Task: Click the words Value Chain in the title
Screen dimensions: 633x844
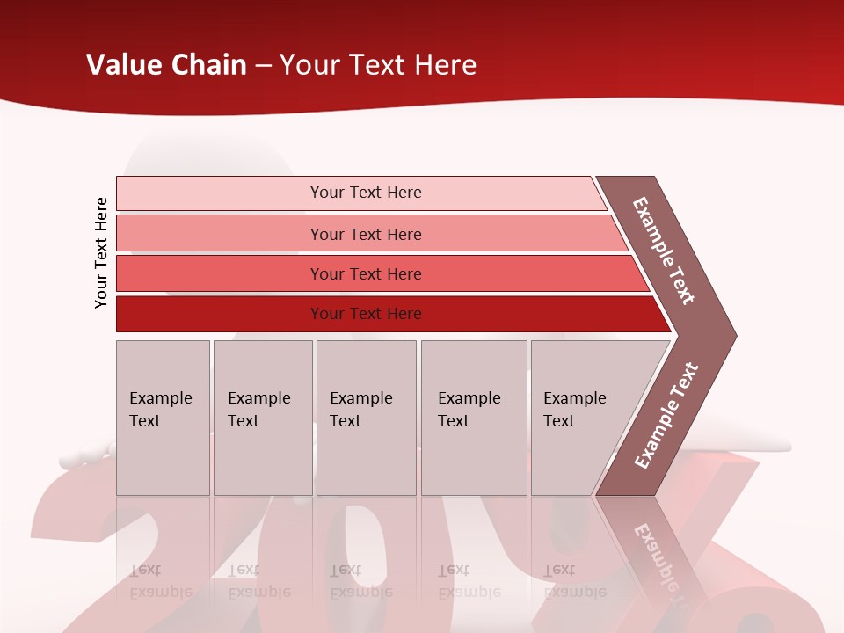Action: pyautogui.click(x=166, y=65)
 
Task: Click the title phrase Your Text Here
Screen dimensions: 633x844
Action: pyautogui.click(x=378, y=65)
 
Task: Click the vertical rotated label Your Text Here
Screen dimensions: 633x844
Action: pyautogui.click(x=101, y=252)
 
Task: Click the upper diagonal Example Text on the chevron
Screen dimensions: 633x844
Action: pyautogui.click(x=664, y=251)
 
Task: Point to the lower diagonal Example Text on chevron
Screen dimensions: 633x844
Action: pyautogui.click(x=666, y=415)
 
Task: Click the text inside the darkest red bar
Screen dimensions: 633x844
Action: pyautogui.click(x=366, y=314)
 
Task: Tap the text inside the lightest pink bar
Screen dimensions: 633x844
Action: pyautogui.click(x=366, y=193)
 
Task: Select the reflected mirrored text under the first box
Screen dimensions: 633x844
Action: pyautogui.click(x=160, y=581)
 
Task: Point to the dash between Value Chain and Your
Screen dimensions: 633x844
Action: pyautogui.click(x=263, y=66)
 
